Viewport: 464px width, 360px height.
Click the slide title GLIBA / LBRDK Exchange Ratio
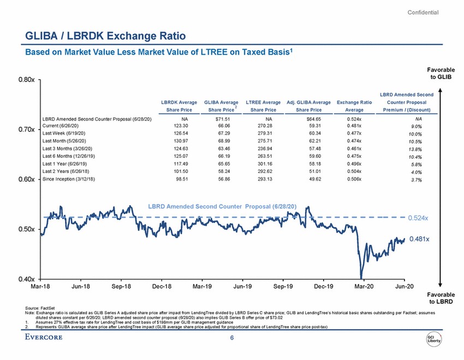click(105, 37)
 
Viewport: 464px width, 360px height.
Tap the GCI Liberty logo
click(434, 338)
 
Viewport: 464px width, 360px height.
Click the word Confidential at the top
click(423, 13)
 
